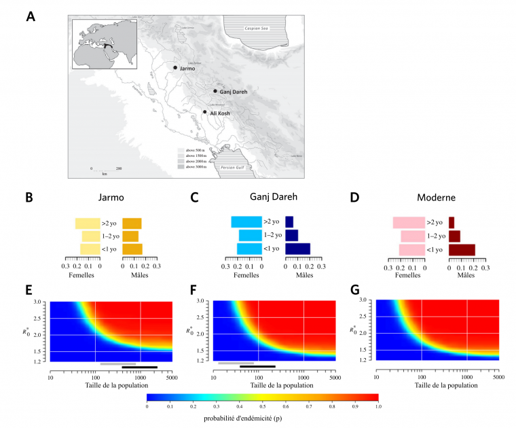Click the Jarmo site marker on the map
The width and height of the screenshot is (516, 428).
tap(175, 68)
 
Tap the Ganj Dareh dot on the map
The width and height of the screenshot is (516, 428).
tap(215, 91)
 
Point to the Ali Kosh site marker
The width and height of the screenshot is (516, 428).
tap(204, 112)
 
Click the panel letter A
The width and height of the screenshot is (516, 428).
tap(31, 16)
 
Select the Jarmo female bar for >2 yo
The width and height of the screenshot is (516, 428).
tap(88, 223)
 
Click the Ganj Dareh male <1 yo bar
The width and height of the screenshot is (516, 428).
tap(297, 249)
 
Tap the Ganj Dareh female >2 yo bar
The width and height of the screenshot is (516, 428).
tap(246, 222)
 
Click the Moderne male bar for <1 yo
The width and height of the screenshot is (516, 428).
tap(462, 249)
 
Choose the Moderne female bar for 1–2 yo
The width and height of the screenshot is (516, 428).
tap(412, 236)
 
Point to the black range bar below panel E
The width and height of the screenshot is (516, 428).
tap(139, 368)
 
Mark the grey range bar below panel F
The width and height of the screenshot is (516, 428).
tap(236, 363)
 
